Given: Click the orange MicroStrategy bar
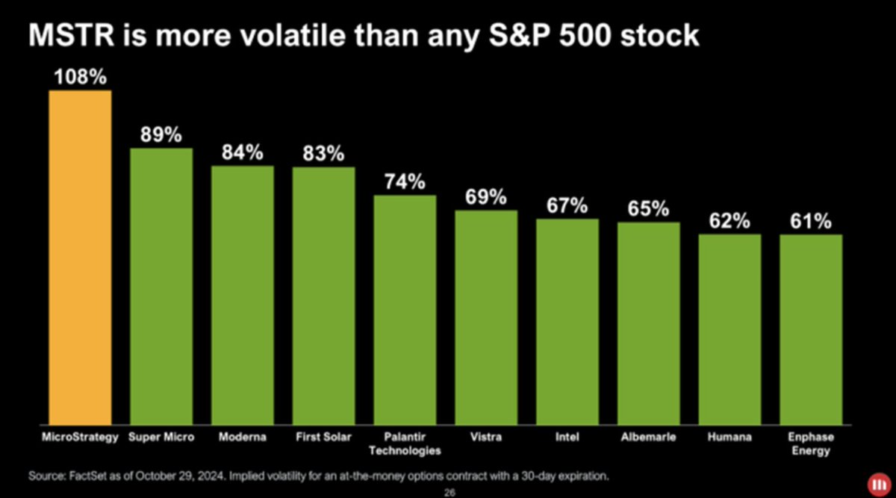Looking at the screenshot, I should click(x=80, y=258).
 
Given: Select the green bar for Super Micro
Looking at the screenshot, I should click(x=161, y=287).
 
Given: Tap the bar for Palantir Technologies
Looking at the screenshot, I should click(x=405, y=310).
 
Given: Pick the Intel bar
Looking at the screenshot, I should click(x=567, y=322).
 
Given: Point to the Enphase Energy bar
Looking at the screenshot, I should click(x=811, y=329).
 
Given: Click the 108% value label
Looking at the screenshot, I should click(x=81, y=77).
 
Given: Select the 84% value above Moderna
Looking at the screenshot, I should click(x=243, y=152).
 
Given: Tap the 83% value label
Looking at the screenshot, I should click(x=323, y=154).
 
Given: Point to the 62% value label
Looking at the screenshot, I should click(x=729, y=221).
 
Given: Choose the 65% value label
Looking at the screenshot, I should click(x=648, y=209).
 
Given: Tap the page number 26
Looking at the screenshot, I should click(x=449, y=492).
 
